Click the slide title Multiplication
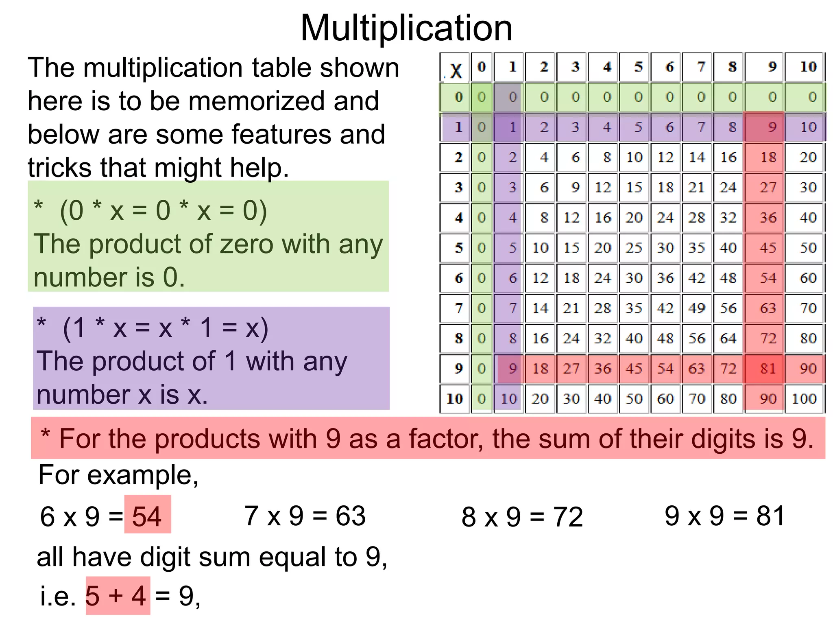point(406,28)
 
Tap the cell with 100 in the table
point(804,398)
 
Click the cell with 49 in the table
point(696,308)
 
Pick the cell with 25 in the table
point(634,248)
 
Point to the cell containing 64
point(728,339)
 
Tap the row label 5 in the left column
point(459,248)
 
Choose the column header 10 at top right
point(808,66)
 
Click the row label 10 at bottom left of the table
point(455,398)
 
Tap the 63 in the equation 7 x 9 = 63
point(351,516)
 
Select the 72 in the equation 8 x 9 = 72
point(568,517)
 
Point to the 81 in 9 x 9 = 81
point(770,516)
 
